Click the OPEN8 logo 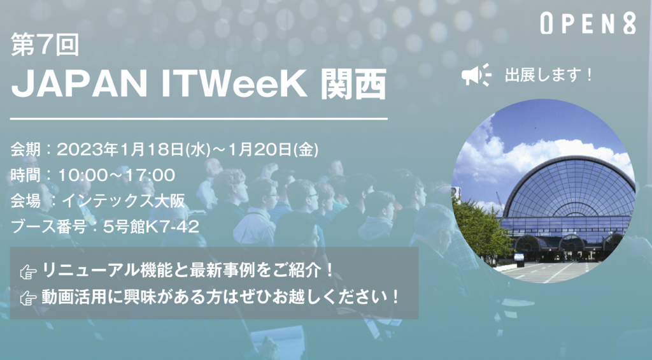click(588, 24)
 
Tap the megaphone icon click(476, 75)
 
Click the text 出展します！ click(549, 75)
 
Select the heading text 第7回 click(45, 45)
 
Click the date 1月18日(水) click(166, 149)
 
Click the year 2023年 click(87, 149)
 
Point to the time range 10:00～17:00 click(117, 175)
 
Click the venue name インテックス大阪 click(123, 201)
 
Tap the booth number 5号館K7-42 click(151, 227)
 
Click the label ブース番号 click(48, 227)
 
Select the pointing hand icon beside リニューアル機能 click(28, 272)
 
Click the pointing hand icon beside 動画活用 click(28, 298)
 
